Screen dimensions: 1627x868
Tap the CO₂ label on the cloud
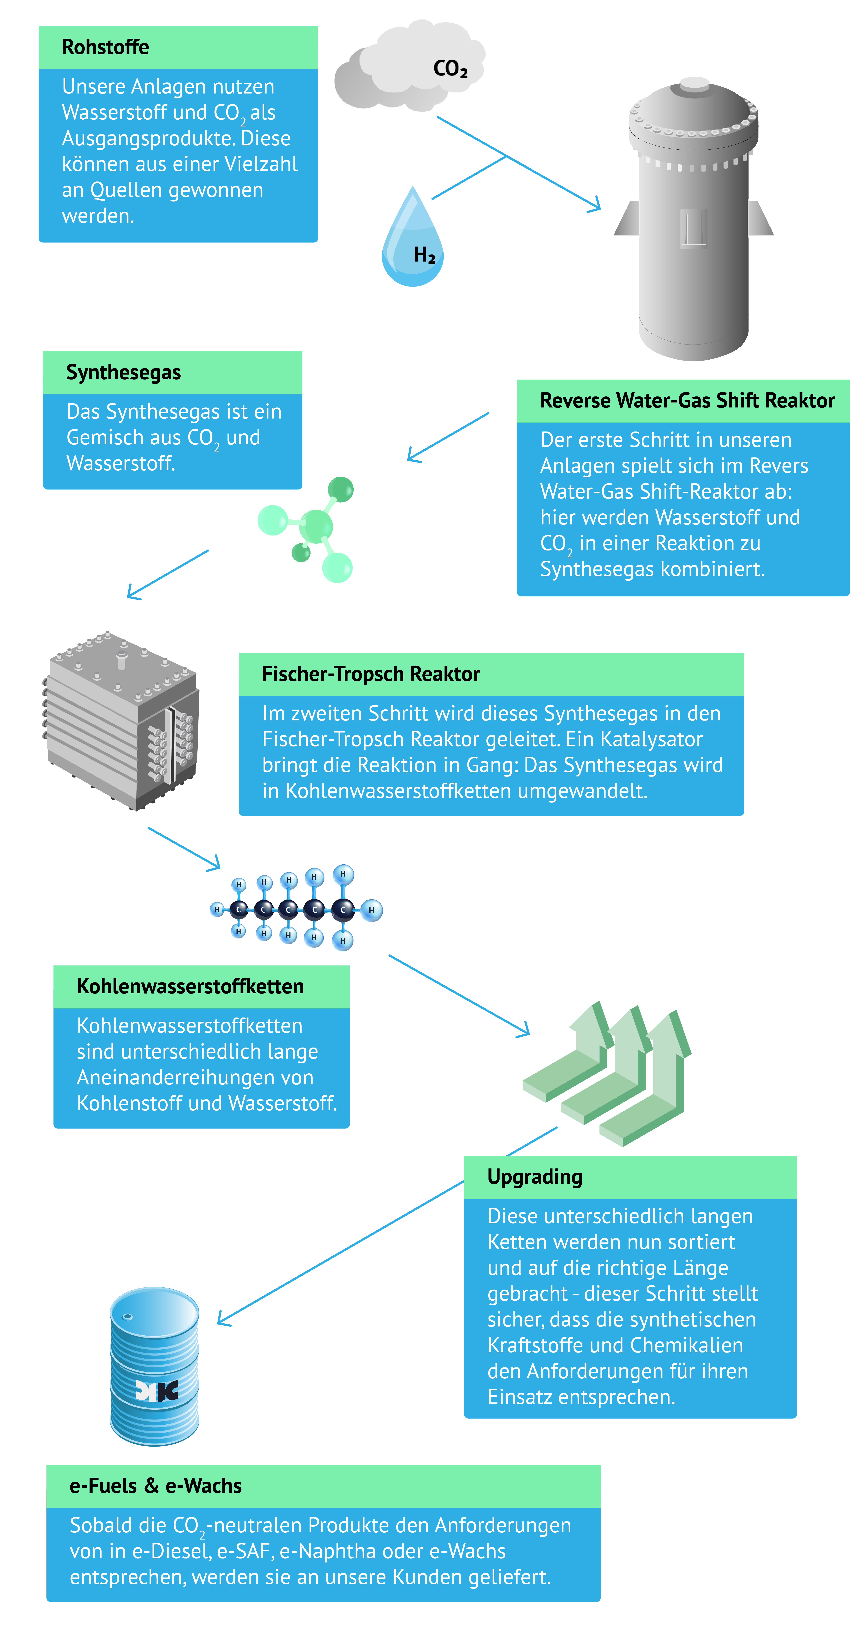click(x=450, y=68)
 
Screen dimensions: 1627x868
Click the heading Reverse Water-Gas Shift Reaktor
click(x=687, y=400)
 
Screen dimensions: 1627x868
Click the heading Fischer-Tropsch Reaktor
click(x=371, y=674)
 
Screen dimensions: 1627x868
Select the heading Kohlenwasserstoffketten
click(x=190, y=986)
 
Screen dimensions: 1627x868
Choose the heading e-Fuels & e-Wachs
click(x=155, y=1486)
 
